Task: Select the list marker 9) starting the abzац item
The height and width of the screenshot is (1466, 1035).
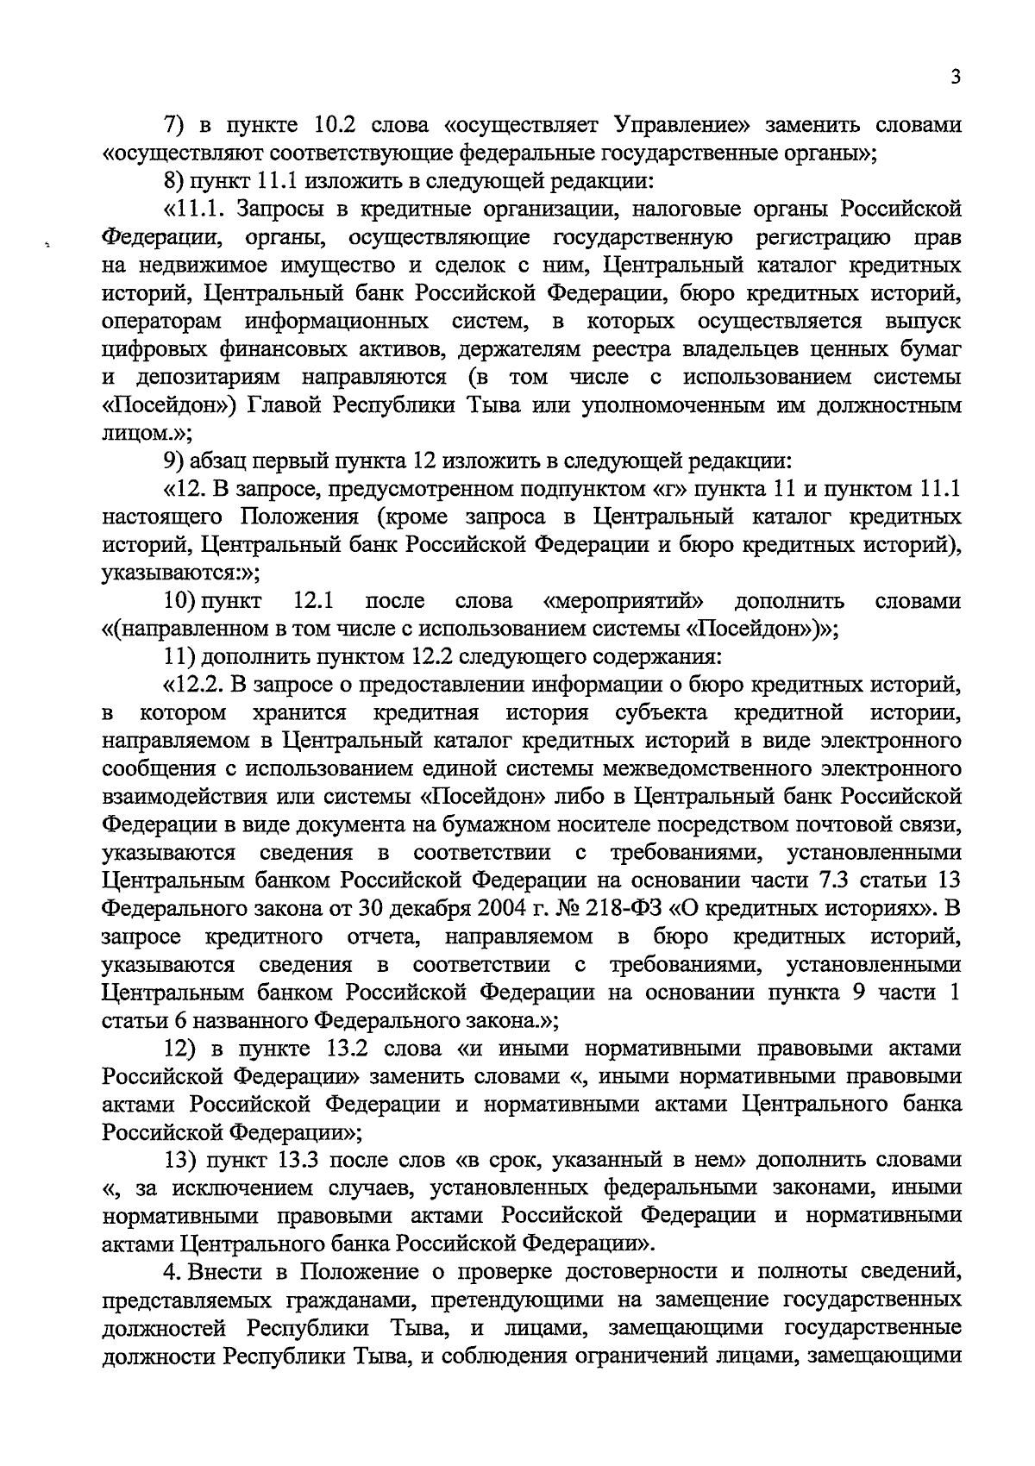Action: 175,460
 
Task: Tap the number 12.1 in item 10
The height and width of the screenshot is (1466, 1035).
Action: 314,601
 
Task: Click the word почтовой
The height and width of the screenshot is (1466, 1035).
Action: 850,825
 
